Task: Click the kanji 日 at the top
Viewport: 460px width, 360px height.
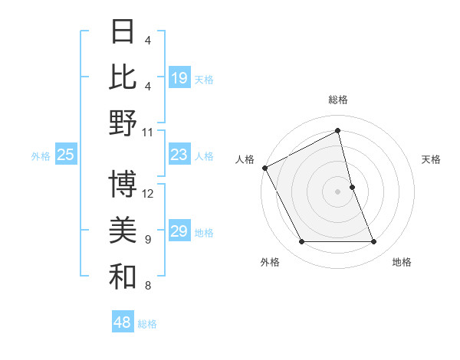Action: pos(123,32)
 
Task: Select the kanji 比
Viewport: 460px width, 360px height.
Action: pos(123,77)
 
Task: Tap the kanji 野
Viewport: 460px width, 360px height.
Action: pos(123,123)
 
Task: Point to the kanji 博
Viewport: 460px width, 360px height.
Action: pos(123,184)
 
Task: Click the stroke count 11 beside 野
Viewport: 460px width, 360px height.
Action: pos(148,132)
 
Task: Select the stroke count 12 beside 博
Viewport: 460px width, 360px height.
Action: pos(148,193)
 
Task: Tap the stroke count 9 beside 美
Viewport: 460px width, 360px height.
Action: pos(147,240)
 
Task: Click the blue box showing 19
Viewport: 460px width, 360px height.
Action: pos(179,78)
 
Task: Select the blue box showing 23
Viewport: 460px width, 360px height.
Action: pos(179,155)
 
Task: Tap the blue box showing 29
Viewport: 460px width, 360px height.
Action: pos(179,231)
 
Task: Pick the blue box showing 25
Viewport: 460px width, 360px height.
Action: pos(65,155)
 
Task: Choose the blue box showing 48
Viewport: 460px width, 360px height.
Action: pos(123,322)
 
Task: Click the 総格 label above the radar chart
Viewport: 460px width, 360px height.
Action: pos(337,100)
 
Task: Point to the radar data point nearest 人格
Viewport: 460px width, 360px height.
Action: pos(264,167)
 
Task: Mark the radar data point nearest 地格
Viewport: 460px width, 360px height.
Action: pos(373,242)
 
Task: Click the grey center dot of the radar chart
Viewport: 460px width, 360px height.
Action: pos(337,191)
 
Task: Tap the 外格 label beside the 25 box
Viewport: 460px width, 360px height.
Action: pos(41,156)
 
